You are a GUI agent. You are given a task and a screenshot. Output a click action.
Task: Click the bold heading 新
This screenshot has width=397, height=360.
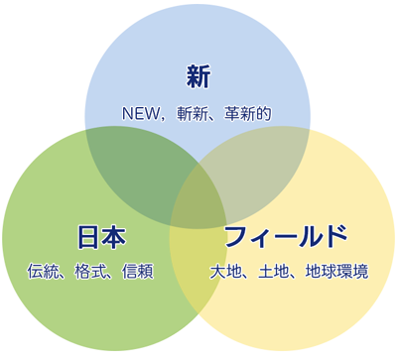(198, 76)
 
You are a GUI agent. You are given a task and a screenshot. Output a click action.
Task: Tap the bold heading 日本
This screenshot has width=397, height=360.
(101, 238)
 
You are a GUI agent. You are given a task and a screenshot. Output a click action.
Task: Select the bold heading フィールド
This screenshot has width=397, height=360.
(286, 238)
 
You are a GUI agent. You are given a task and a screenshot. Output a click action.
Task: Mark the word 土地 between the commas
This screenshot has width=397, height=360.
(273, 270)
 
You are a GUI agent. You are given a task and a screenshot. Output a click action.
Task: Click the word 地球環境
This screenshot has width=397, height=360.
(336, 270)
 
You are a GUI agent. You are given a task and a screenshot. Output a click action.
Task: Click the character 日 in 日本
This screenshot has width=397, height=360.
(88, 238)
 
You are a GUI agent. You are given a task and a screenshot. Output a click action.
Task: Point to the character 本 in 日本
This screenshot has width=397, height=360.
(114, 238)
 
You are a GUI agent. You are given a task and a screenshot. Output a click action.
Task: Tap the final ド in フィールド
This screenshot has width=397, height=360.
(336, 238)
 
